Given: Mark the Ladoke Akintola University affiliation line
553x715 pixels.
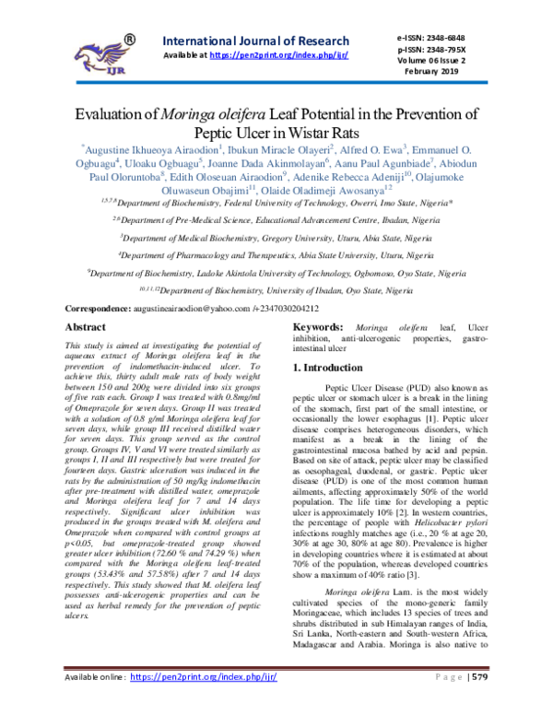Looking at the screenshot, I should [x=276, y=273].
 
